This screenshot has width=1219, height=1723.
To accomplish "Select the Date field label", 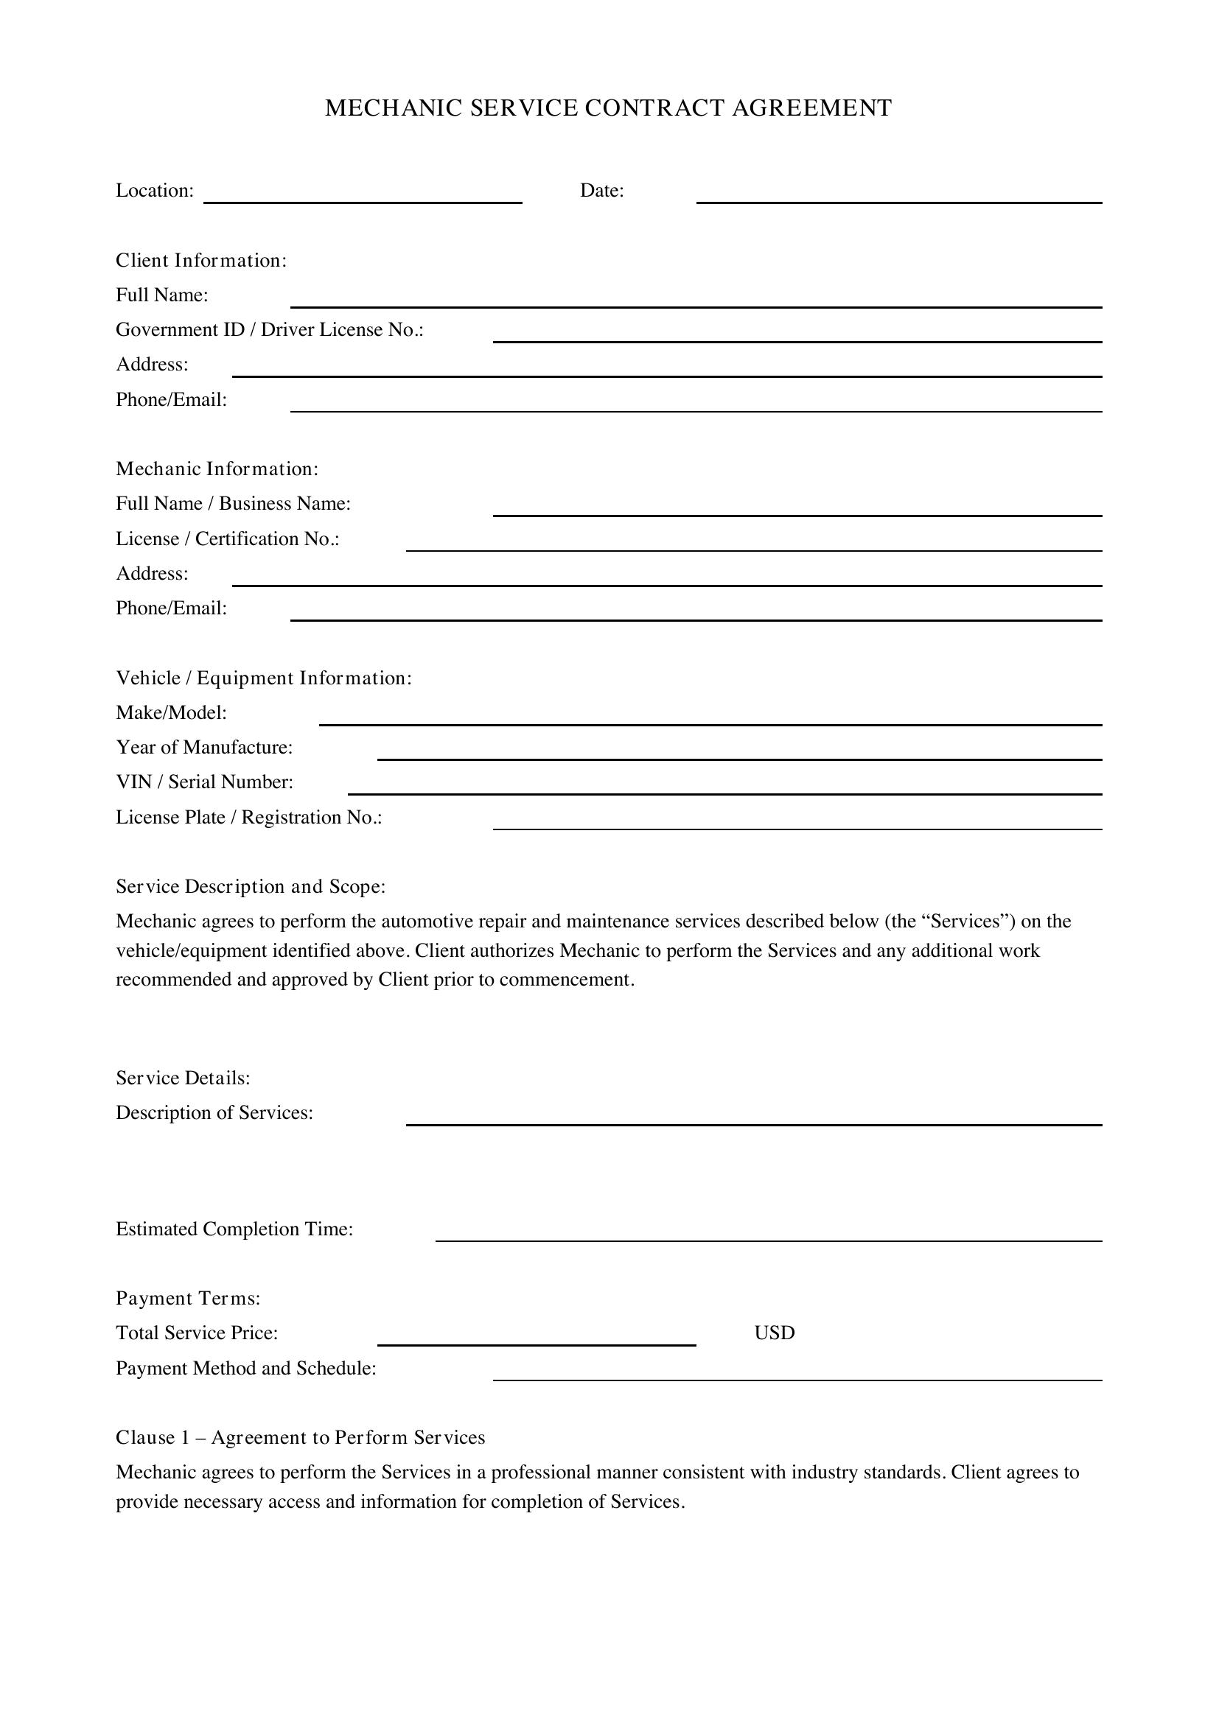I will point(601,191).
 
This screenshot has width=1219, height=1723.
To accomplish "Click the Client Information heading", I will point(201,260).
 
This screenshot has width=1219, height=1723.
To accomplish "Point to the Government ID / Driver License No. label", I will point(270,329).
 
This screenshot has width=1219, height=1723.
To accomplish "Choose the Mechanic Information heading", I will point(217,469).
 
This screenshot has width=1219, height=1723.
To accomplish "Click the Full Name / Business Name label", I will point(233,504).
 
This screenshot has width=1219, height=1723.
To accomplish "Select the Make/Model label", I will point(171,712).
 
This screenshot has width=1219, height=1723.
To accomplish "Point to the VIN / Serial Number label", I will point(204,782).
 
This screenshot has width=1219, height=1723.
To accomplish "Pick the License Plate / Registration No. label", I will point(248,817).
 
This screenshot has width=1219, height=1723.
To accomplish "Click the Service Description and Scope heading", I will point(251,887).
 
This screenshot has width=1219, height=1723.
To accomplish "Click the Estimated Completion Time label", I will point(234,1229).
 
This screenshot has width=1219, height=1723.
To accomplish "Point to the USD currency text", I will point(774,1333).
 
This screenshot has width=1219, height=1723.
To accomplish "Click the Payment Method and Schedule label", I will point(245,1368).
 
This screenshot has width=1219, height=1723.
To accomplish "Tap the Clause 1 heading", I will point(300,1437).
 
